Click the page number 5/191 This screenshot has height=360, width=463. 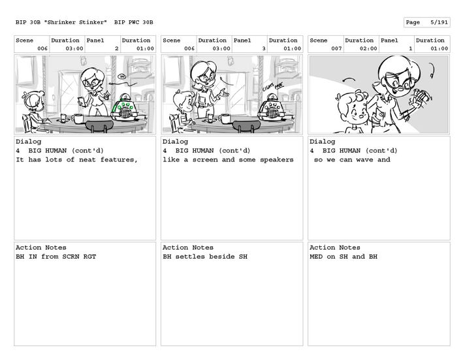[439, 22]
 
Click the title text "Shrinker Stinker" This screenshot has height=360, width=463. [75, 22]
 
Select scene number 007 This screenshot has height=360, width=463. [336, 48]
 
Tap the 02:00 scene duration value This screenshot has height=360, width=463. [368, 48]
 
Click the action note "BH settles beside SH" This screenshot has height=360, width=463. [205, 257]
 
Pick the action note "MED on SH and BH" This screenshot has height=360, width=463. [343, 257]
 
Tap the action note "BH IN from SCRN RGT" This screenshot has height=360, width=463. [56, 257]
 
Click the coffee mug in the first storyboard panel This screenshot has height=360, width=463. [77, 118]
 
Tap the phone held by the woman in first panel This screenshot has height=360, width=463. [82, 101]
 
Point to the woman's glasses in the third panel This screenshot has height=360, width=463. [399, 83]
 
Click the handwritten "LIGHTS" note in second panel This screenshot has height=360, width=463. [268, 88]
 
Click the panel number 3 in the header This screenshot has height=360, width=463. [264, 48]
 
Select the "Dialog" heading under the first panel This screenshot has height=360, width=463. [28, 142]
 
